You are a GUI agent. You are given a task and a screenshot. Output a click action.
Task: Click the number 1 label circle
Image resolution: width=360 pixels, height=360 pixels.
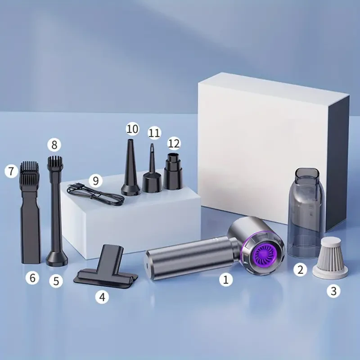[x=226, y=280]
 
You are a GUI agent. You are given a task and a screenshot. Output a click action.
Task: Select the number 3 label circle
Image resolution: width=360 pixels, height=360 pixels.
[x=333, y=291]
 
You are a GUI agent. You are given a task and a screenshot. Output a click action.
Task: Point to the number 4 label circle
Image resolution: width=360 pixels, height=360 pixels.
[x=103, y=297]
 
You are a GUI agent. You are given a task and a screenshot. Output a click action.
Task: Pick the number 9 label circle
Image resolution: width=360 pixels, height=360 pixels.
[x=95, y=181]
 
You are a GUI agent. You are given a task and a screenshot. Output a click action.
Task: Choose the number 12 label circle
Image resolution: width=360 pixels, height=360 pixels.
[x=174, y=144]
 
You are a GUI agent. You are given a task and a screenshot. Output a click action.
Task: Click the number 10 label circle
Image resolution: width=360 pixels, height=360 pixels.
[x=132, y=129]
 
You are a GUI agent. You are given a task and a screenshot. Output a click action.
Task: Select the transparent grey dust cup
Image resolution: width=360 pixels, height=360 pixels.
[x=306, y=211]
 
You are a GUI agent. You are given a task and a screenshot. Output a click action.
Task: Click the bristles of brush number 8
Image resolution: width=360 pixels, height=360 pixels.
[x=55, y=162]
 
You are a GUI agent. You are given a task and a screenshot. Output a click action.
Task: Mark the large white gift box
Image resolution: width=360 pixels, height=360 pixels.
[x=270, y=135]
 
